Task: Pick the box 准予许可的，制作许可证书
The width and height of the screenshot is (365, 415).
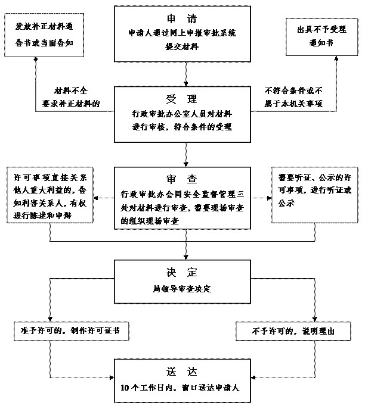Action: (70, 330)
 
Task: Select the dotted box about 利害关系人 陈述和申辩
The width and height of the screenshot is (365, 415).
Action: (50, 196)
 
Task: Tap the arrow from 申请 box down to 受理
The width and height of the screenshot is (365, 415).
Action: (187, 74)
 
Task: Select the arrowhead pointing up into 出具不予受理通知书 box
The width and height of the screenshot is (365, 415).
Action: (336, 60)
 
